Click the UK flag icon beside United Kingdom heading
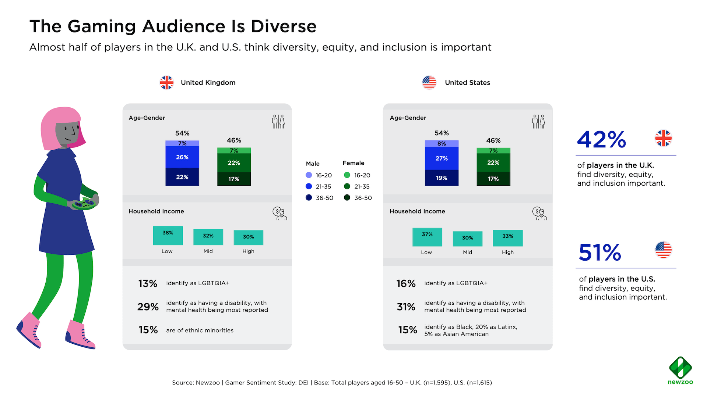click(x=166, y=83)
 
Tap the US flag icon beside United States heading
click(x=429, y=83)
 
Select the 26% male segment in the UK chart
click(x=182, y=157)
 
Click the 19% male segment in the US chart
click(x=442, y=178)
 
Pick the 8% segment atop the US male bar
click(x=442, y=144)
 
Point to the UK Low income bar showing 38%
click(x=168, y=236)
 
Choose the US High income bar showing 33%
click(x=507, y=237)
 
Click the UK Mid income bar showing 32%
click(x=208, y=237)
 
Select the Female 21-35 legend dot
click(x=347, y=186)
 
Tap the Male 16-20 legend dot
click(x=309, y=175)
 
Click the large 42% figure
click(x=601, y=140)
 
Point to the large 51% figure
click(x=600, y=253)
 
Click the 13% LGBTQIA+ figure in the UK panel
click(x=148, y=283)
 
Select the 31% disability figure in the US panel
click(x=406, y=307)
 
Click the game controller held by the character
click(x=84, y=203)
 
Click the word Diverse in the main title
click(x=284, y=26)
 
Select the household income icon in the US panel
click(x=539, y=213)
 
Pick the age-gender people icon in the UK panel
click(x=278, y=121)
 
